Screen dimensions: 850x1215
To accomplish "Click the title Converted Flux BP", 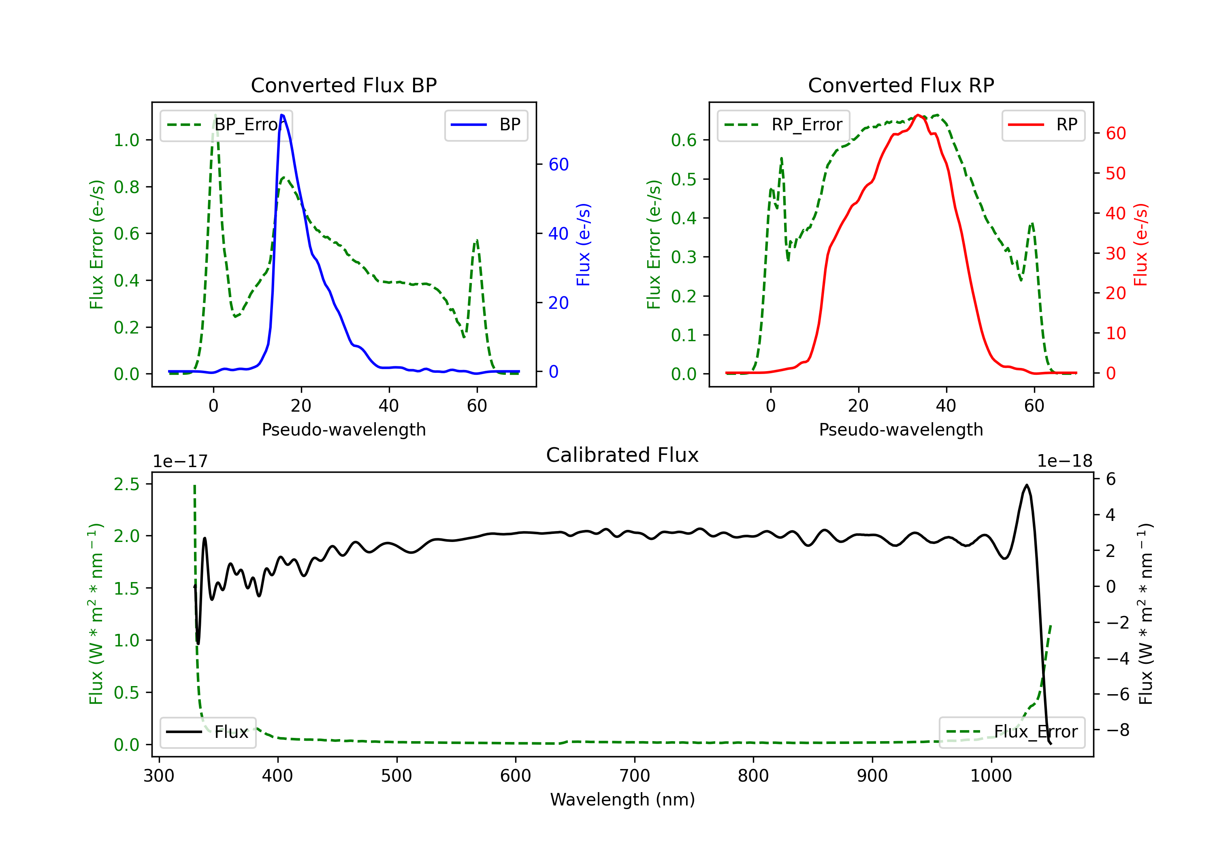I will tap(343, 85).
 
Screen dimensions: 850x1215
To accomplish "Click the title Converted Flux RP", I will tap(901, 85).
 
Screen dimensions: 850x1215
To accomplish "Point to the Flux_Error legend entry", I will tap(1011, 732).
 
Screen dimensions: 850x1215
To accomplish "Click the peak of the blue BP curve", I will tap(282, 115).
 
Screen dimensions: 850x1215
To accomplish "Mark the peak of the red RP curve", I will tap(918, 115).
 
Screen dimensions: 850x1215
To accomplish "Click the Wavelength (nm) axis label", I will tap(622, 799).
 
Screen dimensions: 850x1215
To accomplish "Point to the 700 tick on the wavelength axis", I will tap(635, 776).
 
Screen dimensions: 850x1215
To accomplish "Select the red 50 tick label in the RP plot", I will tap(1115, 174).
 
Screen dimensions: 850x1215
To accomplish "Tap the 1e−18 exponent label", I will tap(1064, 461).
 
